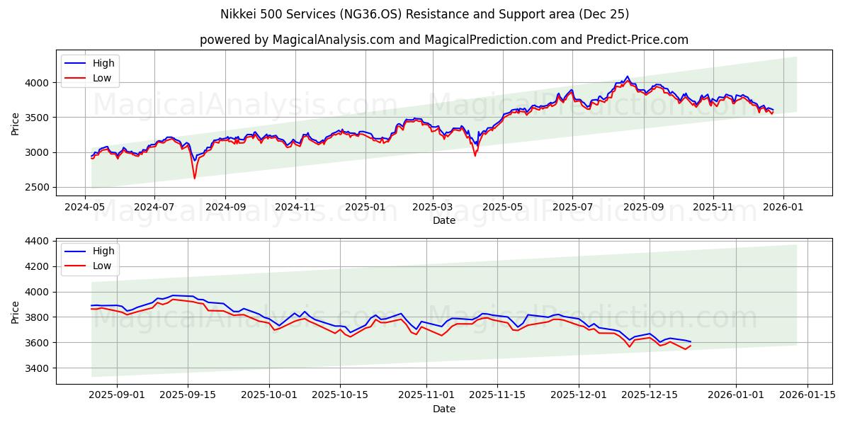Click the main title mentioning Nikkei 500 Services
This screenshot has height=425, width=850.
point(424,14)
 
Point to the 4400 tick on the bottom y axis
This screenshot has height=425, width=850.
point(38,241)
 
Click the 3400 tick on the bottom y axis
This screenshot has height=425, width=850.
point(38,368)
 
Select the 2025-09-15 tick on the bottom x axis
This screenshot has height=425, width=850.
point(188,395)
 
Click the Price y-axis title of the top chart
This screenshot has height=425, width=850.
point(16,124)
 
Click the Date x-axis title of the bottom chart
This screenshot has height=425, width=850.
point(443,409)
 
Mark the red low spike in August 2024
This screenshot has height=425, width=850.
point(194,177)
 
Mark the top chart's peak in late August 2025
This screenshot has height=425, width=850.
point(627,77)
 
